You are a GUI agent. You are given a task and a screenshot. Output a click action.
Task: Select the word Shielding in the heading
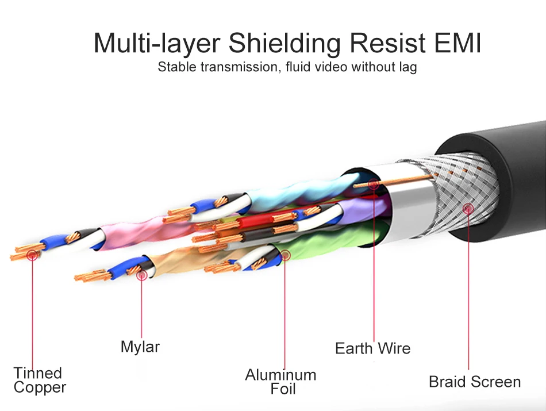tap(284, 44)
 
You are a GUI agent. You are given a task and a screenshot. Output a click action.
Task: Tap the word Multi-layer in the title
tap(157, 44)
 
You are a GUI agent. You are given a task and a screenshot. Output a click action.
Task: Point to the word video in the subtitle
tap(331, 67)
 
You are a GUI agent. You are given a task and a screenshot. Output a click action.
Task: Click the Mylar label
tap(140, 347)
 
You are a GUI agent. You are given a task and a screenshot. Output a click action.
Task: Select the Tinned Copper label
tap(39, 380)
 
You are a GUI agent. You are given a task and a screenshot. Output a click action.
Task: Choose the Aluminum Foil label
tap(281, 382)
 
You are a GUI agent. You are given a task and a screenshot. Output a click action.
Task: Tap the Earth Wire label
tap(373, 348)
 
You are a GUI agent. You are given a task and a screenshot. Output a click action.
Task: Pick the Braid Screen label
tap(475, 382)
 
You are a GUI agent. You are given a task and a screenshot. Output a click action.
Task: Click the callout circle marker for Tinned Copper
tap(32, 255)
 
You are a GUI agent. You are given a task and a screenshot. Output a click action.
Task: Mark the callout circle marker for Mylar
tap(142, 275)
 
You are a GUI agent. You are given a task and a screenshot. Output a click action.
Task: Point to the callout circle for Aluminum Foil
tap(285, 255)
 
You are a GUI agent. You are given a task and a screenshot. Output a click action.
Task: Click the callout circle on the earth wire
tap(374, 185)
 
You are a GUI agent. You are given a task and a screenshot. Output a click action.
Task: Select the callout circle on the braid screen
tap(468, 209)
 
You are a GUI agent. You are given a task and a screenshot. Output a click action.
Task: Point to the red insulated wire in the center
tap(257, 220)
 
